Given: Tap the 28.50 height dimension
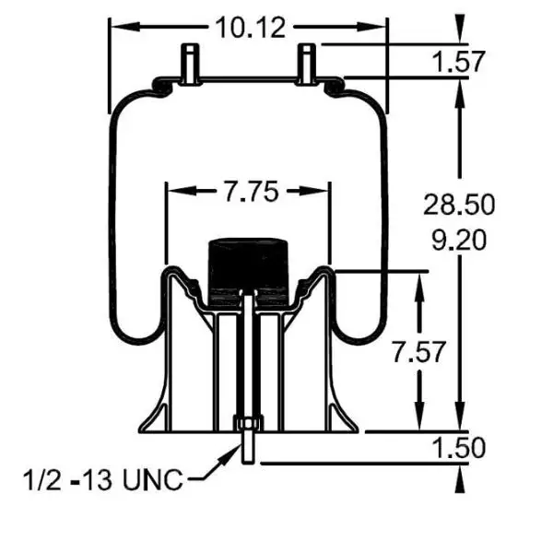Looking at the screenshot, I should pos(458,204).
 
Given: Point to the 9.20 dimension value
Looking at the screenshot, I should pos(458,241).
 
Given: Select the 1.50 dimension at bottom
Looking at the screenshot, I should pos(458,448).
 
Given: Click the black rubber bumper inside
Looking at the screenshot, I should pos(247,267).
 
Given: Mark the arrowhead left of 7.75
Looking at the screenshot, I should pos(173,192).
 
